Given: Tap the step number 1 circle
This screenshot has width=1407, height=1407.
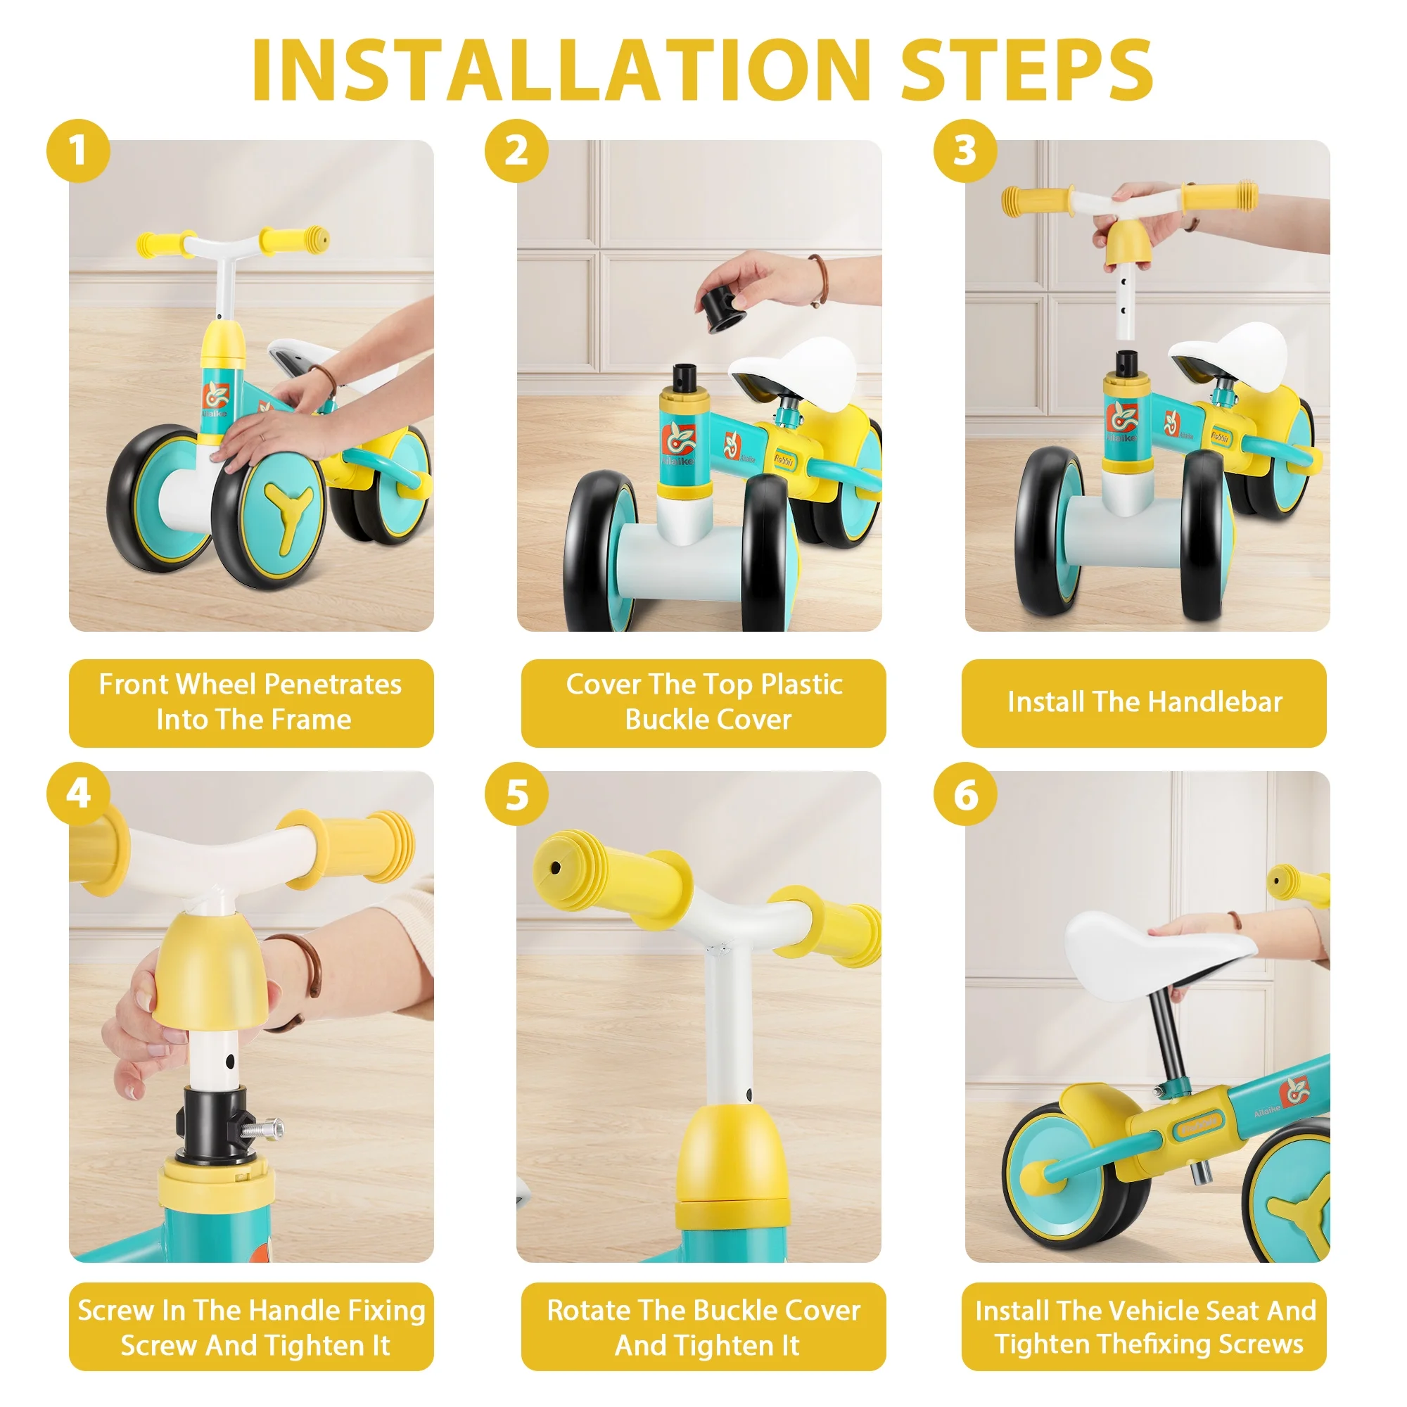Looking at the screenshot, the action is click(x=78, y=151).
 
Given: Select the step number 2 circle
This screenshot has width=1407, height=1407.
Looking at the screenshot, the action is click(x=516, y=151).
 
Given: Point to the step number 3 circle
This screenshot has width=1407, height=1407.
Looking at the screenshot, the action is click(x=965, y=151).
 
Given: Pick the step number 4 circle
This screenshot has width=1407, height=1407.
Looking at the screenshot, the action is click(x=78, y=793).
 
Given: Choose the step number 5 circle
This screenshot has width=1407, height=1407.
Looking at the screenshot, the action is click(x=516, y=793).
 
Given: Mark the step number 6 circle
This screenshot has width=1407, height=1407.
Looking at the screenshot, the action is click(x=965, y=793).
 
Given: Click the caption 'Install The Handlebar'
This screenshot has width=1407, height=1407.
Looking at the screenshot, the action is click(x=1145, y=702).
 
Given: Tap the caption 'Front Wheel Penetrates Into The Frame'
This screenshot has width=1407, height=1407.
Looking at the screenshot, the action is click(x=251, y=702).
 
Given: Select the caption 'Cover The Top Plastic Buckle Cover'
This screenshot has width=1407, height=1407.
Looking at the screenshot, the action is click(x=704, y=702).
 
